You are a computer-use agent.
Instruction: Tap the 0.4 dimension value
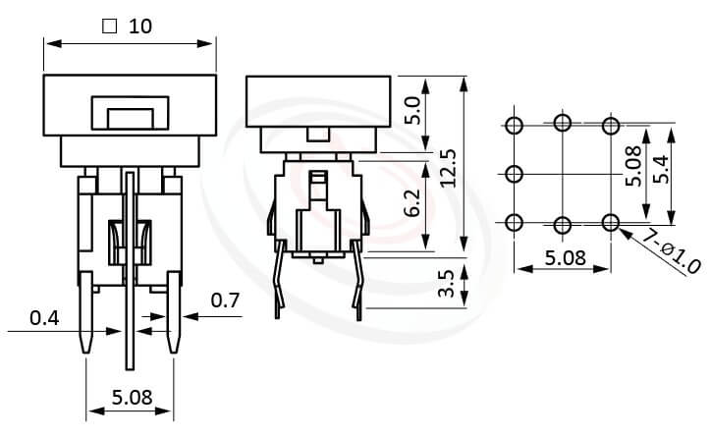point(44,318)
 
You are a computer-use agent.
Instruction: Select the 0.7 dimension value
point(226,300)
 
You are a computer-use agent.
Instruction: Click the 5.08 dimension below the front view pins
point(131,398)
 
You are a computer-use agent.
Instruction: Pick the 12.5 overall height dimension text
point(448,168)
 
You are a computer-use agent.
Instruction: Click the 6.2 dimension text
point(413,204)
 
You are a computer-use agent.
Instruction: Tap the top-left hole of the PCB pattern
point(514,125)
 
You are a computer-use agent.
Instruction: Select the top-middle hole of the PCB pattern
point(563,123)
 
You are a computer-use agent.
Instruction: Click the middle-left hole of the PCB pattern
point(514,174)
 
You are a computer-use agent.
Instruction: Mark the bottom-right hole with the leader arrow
point(611,223)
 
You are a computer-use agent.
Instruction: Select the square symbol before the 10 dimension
point(109,27)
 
